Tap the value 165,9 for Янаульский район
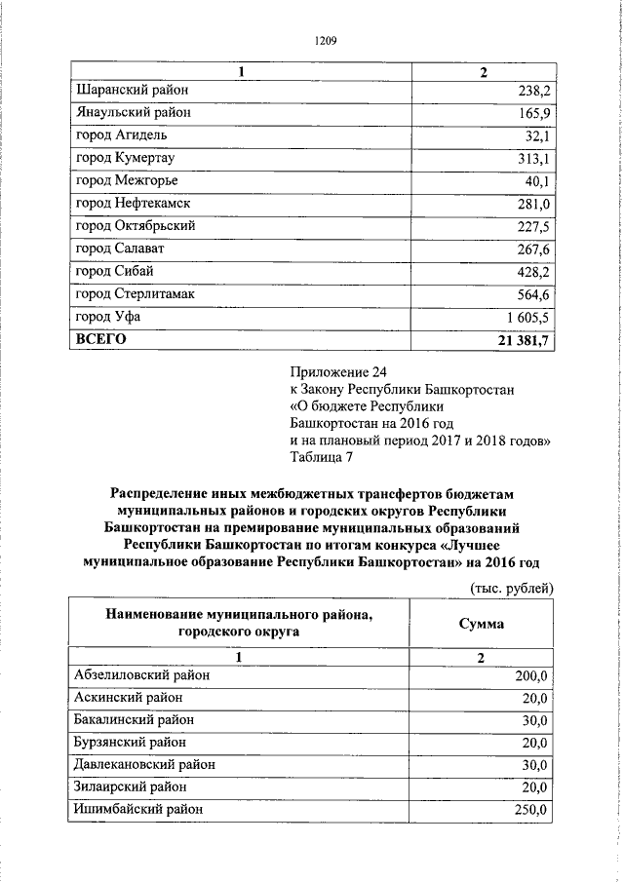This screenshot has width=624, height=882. click(x=534, y=113)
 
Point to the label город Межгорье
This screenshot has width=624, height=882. click(x=127, y=180)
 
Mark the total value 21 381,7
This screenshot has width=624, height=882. click(x=525, y=339)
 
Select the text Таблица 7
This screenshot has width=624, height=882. click(x=328, y=460)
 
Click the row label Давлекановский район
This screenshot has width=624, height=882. click(x=144, y=764)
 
